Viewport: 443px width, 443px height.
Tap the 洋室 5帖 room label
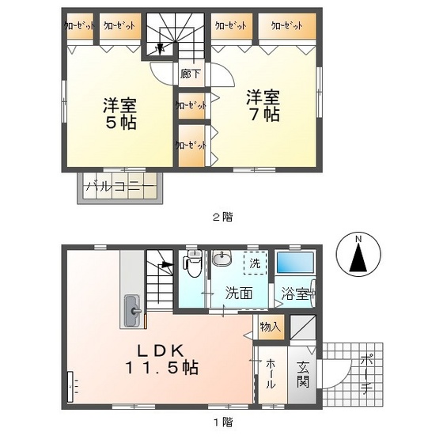(x=118, y=113)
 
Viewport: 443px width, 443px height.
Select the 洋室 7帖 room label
(x=261, y=105)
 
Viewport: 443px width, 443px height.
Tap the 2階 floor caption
(x=221, y=216)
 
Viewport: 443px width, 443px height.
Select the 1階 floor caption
(x=222, y=422)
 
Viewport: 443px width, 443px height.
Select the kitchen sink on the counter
(x=132, y=308)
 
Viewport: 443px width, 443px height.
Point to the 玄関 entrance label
(x=304, y=374)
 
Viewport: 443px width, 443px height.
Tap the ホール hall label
(x=271, y=374)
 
